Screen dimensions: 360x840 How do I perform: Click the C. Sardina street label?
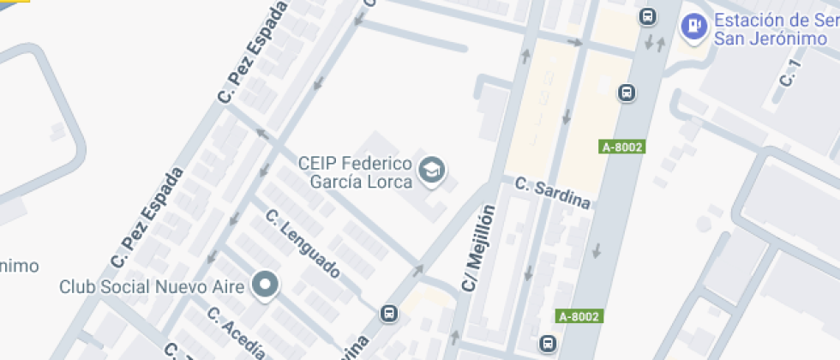(x=553, y=192)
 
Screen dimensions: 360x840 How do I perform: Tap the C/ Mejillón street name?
(x=479, y=247)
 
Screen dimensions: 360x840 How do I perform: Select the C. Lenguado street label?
(x=303, y=243)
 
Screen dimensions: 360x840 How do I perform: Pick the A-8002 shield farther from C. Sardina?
(x=579, y=316)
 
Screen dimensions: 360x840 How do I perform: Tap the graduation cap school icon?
(x=431, y=171)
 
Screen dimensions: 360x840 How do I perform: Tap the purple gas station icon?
(x=693, y=27)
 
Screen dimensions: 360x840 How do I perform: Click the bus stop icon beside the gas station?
(x=648, y=15)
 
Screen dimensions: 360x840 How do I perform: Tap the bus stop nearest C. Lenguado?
(x=390, y=313)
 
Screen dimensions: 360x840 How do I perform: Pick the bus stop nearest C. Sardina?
(x=627, y=92)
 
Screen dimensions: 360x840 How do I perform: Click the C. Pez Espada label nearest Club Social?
(x=147, y=216)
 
